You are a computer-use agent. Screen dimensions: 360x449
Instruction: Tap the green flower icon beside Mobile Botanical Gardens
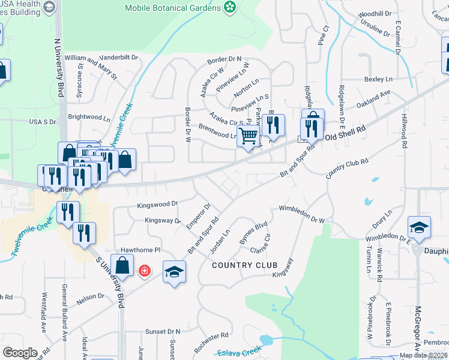[229, 7]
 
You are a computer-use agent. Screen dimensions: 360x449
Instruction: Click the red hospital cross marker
[144, 271]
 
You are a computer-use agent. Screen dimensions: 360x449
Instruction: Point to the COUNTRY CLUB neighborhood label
[244, 265]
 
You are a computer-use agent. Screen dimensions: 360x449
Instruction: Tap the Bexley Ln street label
[378, 79]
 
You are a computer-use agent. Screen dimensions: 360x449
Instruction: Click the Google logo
[20, 352]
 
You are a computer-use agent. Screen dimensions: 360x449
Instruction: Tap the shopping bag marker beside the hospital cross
[122, 266]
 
